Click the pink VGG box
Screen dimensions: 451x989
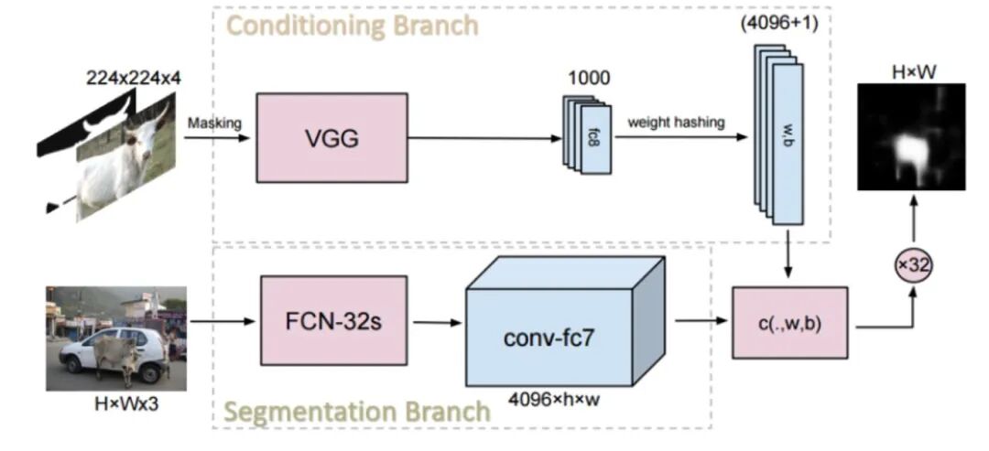click(x=332, y=138)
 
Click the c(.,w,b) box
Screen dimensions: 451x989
click(x=789, y=321)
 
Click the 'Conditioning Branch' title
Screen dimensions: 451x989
click(x=352, y=25)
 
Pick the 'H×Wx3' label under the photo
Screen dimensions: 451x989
click(x=115, y=403)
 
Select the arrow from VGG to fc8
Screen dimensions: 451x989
click(x=485, y=139)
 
